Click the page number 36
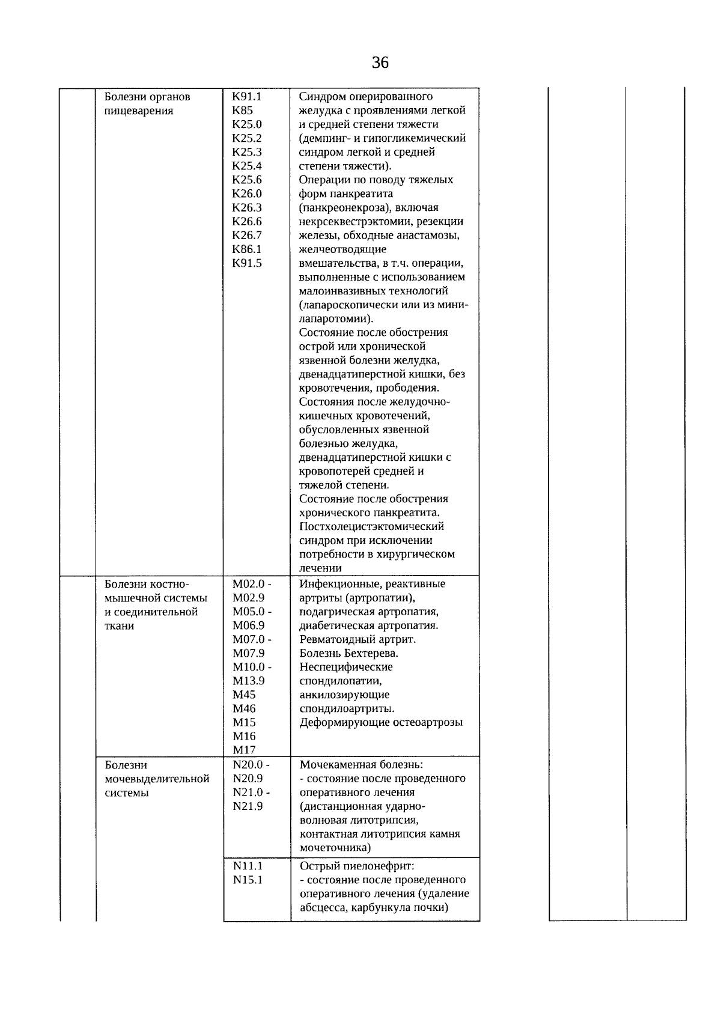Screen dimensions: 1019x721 click(x=380, y=62)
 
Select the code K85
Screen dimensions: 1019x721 click(x=242, y=111)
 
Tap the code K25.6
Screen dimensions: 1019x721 click(x=247, y=180)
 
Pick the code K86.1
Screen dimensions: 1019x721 click(x=247, y=249)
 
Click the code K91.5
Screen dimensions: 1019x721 click(x=247, y=263)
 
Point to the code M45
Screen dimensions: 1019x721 click(x=244, y=695)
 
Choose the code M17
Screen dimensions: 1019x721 click(x=244, y=750)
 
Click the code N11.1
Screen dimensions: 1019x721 click(x=248, y=866)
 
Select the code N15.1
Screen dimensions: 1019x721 click(x=248, y=880)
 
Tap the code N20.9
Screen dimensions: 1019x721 click(x=248, y=778)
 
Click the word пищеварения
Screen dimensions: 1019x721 click(x=139, y=111)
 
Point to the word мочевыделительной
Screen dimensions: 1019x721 click(x=157, y=779)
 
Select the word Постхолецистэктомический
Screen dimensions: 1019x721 click(x=371, y=526)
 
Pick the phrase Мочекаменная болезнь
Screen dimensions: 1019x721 click(x=361, y=765)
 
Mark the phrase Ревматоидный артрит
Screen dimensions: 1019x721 click(x=357, y=639)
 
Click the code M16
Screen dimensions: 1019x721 click(x=244, y=736)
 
